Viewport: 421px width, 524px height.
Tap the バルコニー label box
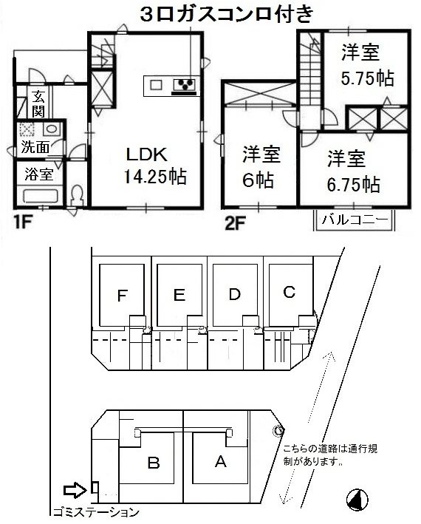(356, 219)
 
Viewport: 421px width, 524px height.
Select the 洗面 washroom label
(35, 146)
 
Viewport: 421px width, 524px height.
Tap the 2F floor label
(236, 221)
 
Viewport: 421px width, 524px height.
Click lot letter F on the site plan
(123, 296)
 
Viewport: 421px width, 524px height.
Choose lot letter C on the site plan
(290, 292)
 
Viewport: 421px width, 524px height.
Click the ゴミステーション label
(95, 511)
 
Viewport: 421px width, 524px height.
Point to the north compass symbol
(357, 500)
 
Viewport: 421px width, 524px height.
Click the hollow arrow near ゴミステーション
(75, 489)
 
